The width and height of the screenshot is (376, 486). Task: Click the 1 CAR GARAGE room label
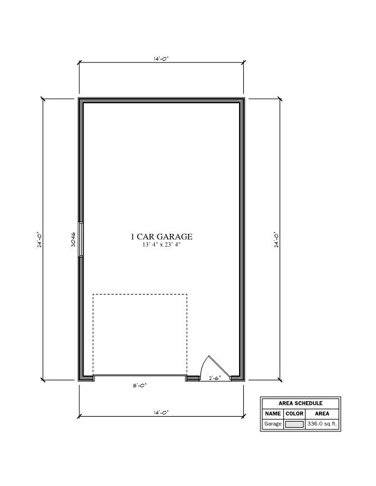[x=162, y=236]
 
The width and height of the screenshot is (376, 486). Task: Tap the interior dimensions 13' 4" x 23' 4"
[x=162, y=245]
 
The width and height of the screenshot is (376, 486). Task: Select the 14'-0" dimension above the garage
[x=161, y=58]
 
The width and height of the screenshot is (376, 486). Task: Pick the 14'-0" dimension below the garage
[x=161, y=412]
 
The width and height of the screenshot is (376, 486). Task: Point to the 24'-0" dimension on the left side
[x=39, y=239]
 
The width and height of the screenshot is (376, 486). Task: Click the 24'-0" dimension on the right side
[x=276, y=239]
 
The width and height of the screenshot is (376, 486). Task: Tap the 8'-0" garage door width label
[x=139, y=385]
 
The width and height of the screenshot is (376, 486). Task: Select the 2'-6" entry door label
[x=214, y=378]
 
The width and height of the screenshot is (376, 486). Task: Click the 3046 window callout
[x=73, y=239]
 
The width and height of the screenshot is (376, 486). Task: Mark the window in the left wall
[x=81, y=239]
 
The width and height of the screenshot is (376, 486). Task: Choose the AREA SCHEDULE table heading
[x=300, y=403]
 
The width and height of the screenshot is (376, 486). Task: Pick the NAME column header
[x=273, y=414]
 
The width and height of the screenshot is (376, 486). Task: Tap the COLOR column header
[x=294, y=414]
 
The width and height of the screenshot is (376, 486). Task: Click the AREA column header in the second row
[x=322, y=414]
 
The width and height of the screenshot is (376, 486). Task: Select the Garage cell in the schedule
[x=273, y=423]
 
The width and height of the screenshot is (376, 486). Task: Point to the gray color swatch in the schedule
[x=294, y=424]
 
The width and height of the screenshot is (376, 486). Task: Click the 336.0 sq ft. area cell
[x=322, y=423]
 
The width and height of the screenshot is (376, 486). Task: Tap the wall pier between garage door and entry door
[x=193, y=378]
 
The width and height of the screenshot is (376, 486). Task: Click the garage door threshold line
[x=139, y=376]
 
